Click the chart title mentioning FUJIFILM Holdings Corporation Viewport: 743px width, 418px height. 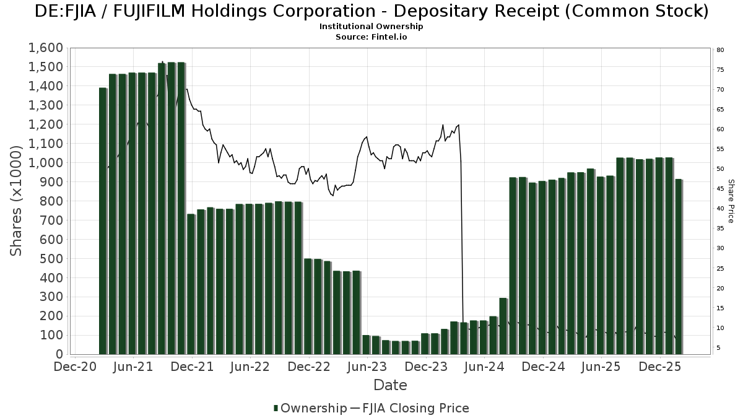(371, 11)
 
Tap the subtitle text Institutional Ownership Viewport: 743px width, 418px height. (371, 27)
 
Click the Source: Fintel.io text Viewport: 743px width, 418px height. (371, 37)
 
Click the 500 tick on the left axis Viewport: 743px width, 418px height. (52, 259)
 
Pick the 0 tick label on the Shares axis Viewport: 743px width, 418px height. (59, 354)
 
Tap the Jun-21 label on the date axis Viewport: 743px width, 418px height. (134, 367)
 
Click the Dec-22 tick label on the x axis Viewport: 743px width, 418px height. (309, 367)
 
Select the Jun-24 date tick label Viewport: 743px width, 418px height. (485, 367)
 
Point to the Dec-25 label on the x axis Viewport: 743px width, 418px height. (660, 367)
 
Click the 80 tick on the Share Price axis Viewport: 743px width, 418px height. (720, 50)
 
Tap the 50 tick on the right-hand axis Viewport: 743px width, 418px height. (720, 169)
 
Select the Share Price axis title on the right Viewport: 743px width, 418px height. (731, 201)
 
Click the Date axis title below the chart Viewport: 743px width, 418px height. (390, 385)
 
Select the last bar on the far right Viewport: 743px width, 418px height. (679, 266)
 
